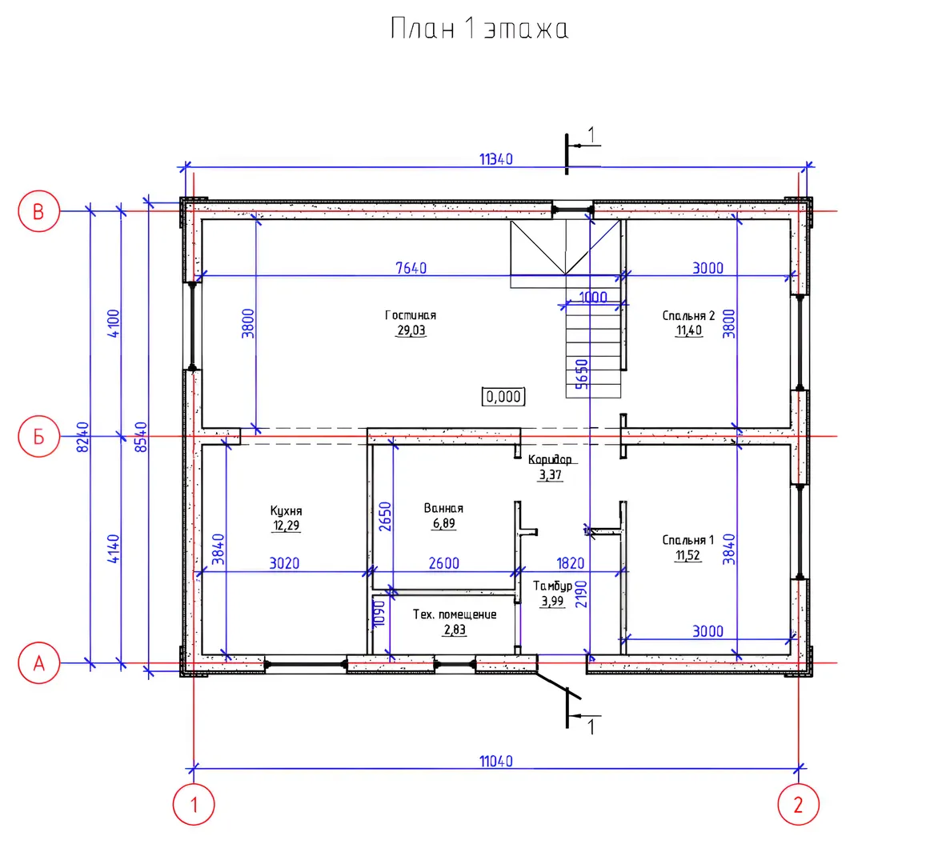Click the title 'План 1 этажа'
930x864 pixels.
pyautogui.click(x=479, y=29)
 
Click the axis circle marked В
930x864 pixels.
pyautogui.click(x=39, y=211)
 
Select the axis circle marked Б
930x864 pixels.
pyautogui.click(x=39, y=437)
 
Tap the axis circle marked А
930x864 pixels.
pyautogui.click(x=39, y=663)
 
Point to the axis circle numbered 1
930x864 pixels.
pyautogui.click(x=194, y=805)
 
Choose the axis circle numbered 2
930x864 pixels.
pyautogui.click(x=798, y=805)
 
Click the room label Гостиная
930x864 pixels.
pyautogui.click(x=411, y=315)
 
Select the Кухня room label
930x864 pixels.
pyautogui.click(x=286, y=510)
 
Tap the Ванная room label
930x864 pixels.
pyautogui.click(x=443, y=508)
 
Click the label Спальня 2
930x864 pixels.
pyautogui.click(x=688, y=315)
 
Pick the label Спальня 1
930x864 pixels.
pyautogui.click(x=688, y=540)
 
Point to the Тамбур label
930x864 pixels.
pyautogui.click(x=552, y=586)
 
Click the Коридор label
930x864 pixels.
pyautogui.click(x=550, y=459)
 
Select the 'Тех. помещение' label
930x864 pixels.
pyautogui.click(x=455, y=614)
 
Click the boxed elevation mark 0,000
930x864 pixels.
pyautogui.click(x=503, y=396)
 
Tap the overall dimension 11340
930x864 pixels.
pyautogui.click(x=496, y=159)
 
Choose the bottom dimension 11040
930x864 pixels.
pyautogui.click(x=496, y=761)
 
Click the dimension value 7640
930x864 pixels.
pyautogui.click(x=411, y=268)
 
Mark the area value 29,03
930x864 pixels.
pyautogui.click(x=411, y=330)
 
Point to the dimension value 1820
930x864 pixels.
pyautogui.click(x=570, y=563)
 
